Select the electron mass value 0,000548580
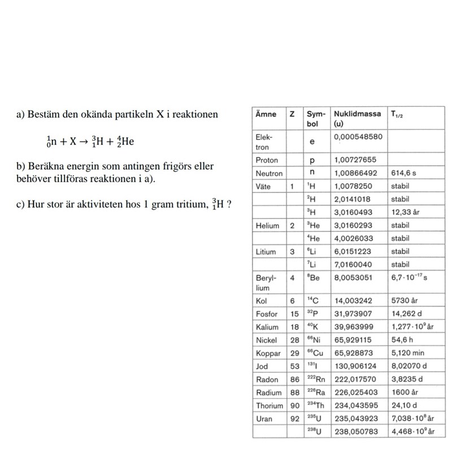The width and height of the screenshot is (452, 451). click(358, 137)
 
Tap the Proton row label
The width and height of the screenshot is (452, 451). click(267, 160)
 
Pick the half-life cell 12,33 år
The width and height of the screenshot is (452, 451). click(406, 212)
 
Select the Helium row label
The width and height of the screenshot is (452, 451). click(268, 226)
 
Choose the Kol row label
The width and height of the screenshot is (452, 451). click(261, 301)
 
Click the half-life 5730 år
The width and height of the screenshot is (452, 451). click(405, 301)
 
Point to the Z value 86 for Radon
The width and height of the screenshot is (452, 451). click(295, 379)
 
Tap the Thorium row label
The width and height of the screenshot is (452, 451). click(270, 405)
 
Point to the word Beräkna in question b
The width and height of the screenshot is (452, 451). click(43, 168)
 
